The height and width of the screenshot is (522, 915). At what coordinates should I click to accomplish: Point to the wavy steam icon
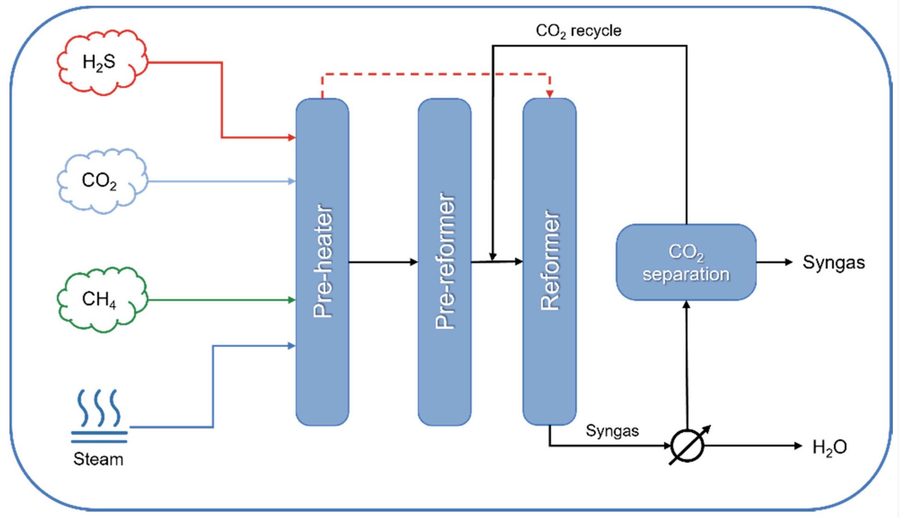pos(99,416)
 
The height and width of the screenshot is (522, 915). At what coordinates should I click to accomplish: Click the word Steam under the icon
pos(98,459)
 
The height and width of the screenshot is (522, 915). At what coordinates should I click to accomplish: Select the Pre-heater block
pos(322,261)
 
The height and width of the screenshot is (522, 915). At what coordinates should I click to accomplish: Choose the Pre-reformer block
pos(444,261)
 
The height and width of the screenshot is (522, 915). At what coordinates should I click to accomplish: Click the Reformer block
pos(549,261)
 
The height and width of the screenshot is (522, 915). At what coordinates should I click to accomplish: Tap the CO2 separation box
pos(686,262)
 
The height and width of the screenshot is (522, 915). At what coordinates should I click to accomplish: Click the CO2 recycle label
pos(578,31)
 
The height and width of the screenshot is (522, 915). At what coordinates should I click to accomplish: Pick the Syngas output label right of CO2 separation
pos(834,262)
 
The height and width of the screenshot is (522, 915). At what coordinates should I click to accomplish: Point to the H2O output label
pos(830,447)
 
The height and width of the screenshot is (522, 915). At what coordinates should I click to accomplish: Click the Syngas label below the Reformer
pos(612,431)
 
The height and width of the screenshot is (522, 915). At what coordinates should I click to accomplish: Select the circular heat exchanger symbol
pos(687,446)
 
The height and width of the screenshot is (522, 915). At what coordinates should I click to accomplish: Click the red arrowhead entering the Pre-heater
pos(291,137)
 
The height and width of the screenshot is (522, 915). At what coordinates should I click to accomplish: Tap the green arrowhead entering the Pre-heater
pos(291,300)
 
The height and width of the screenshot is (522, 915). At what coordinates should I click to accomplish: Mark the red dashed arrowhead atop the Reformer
pos(550,94)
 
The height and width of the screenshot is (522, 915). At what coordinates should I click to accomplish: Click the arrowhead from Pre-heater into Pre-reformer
pos(413,262)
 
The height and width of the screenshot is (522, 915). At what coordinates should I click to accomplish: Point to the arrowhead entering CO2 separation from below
pos(686,305)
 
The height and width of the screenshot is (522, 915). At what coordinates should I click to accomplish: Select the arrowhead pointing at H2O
pos(798,446)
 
